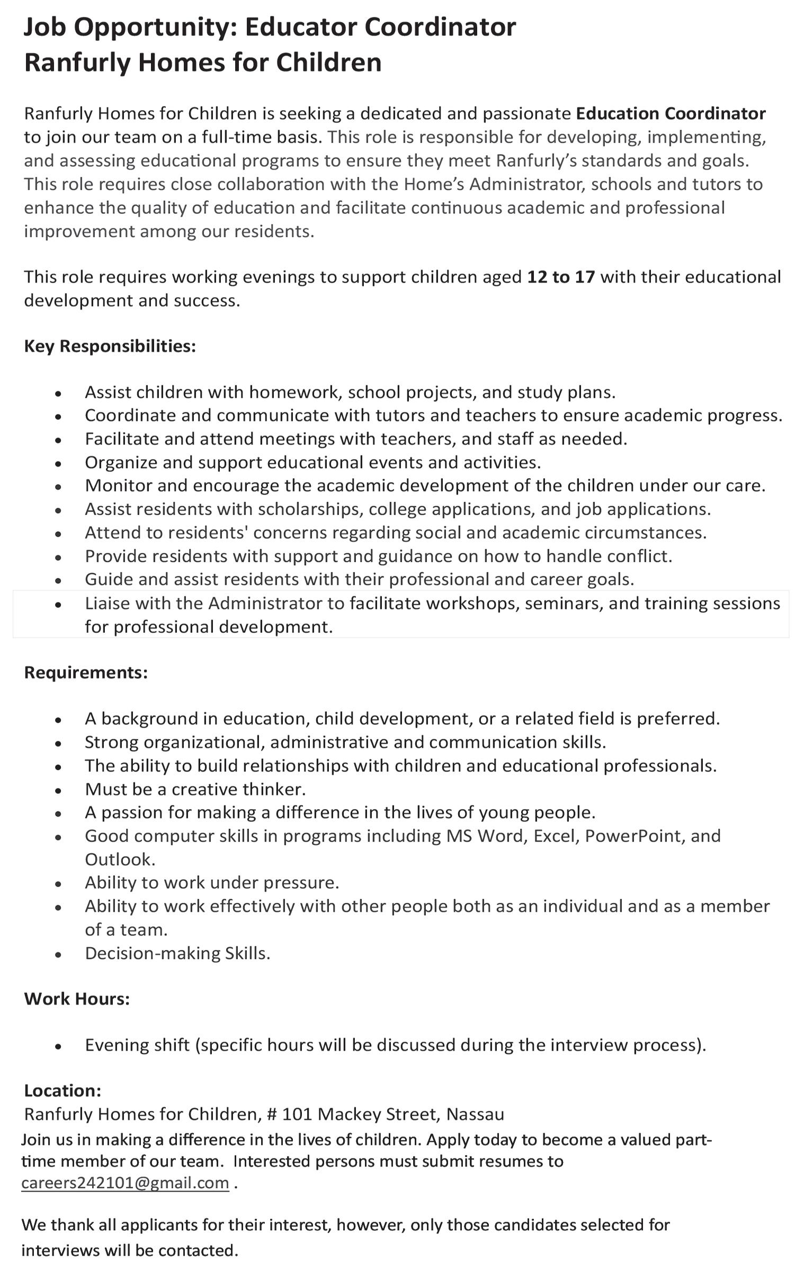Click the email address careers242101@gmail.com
coord(125,1183)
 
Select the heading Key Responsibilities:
coord(110,346)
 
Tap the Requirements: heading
coord(86,672)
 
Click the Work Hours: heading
coord(77,999)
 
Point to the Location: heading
coord(62,1091)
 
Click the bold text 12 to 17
coord(561,277)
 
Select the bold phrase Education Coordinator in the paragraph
coord(671,113)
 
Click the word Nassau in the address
coord(475,1114)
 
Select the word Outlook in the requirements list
coord(120,859)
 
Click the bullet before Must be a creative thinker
coord(58,790)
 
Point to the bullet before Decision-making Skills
coord(58,954)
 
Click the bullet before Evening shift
coord(58,1046)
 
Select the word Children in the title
coord(328,62)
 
